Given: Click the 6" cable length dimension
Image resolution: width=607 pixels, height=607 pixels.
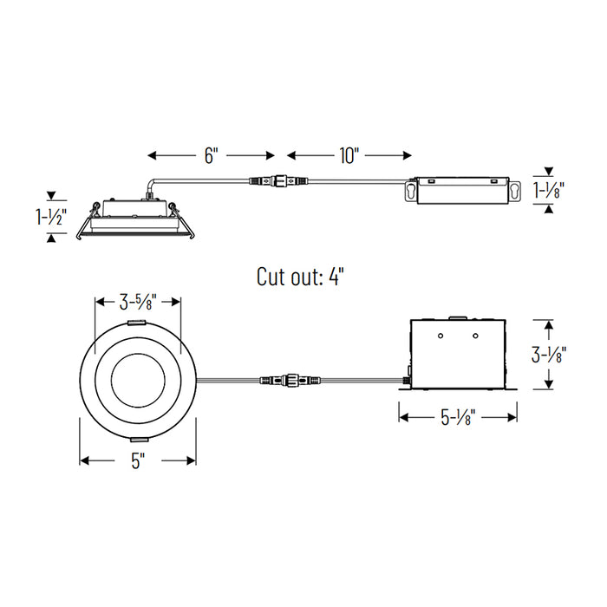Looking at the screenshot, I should [x=211, y=155].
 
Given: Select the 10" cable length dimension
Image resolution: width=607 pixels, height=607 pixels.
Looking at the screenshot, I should [x=349, y=155].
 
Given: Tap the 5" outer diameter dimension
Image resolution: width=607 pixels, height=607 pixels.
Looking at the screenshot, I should [x=137, y=461].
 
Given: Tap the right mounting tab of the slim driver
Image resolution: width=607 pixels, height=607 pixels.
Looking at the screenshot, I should [x=515, y=190].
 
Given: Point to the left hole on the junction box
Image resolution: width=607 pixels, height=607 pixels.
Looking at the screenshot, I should [x=441, y=335].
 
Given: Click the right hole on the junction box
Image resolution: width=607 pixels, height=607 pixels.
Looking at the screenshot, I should [x=475, y=335].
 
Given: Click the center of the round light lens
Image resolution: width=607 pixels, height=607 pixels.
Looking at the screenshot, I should [x=137, y=380].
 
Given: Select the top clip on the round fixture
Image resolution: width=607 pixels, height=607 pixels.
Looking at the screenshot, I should [x=137, y=323].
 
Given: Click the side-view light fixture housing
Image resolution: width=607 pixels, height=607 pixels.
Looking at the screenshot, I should [x=137, y=217].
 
